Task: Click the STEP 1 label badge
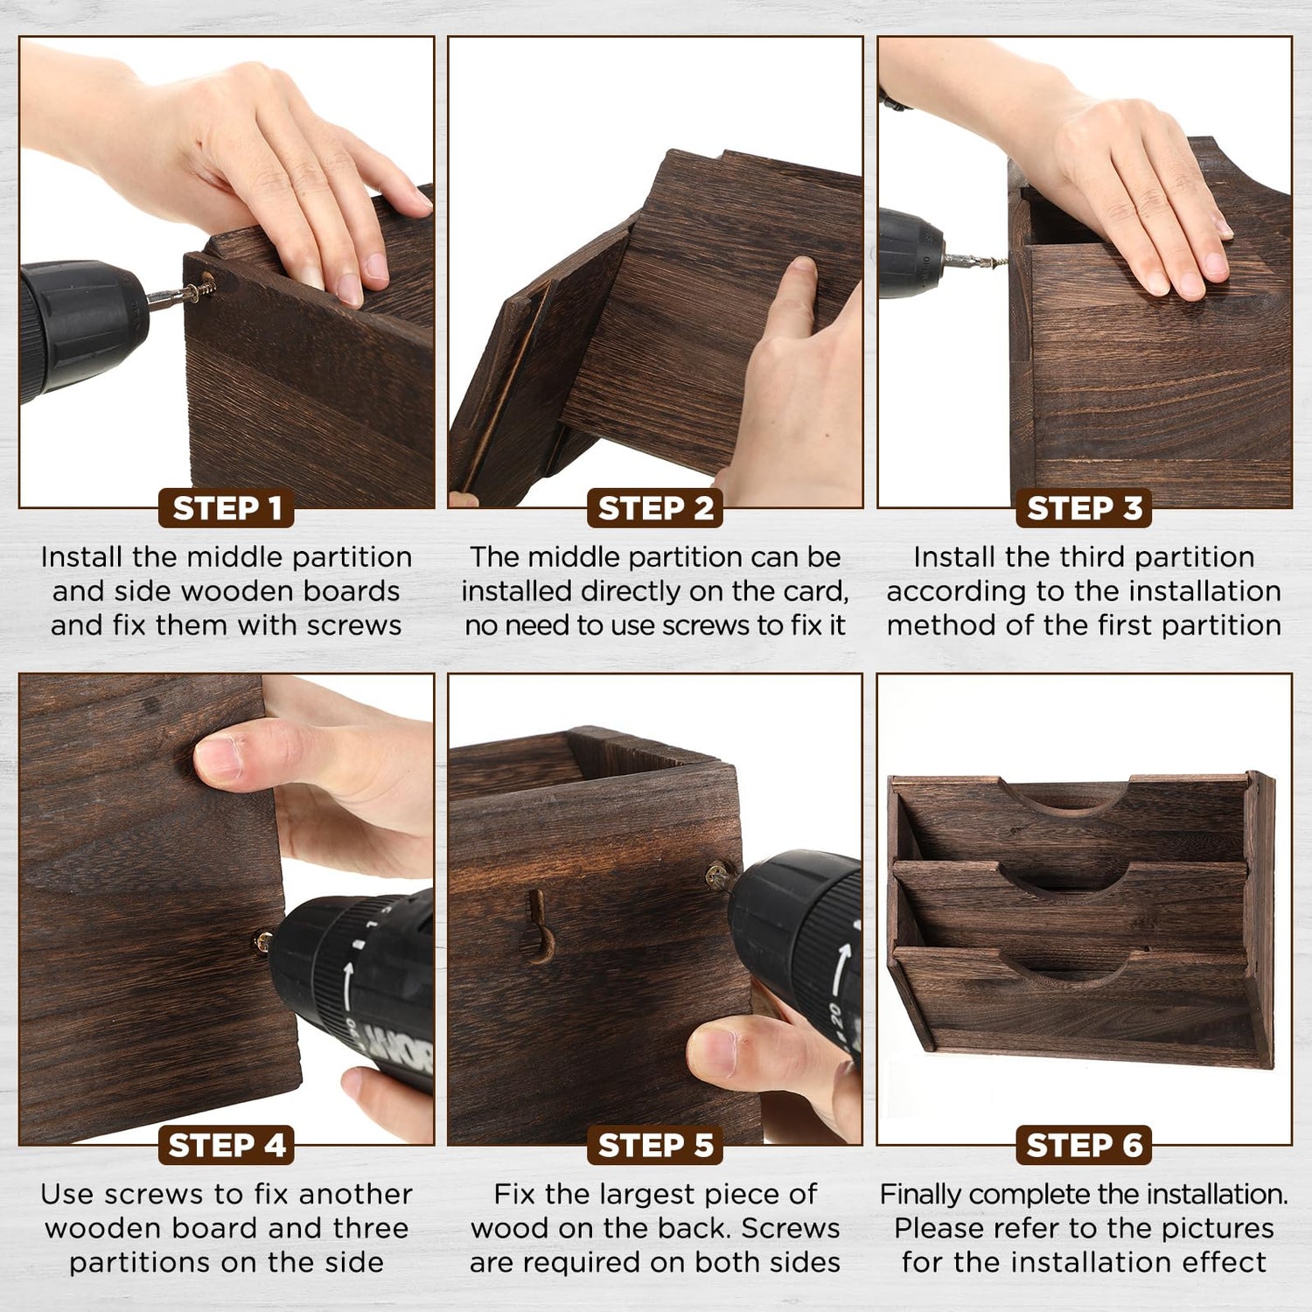tap(227, 508)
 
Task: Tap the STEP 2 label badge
tap(655, 508)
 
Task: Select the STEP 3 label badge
tap(1084, 508)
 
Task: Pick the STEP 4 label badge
tap(227, 1145)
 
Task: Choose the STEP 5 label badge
tap(655, 1145)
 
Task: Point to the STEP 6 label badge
tap(1084, 1145)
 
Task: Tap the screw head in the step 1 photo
tap(208, 284)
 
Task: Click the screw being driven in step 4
tap(262, 943)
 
